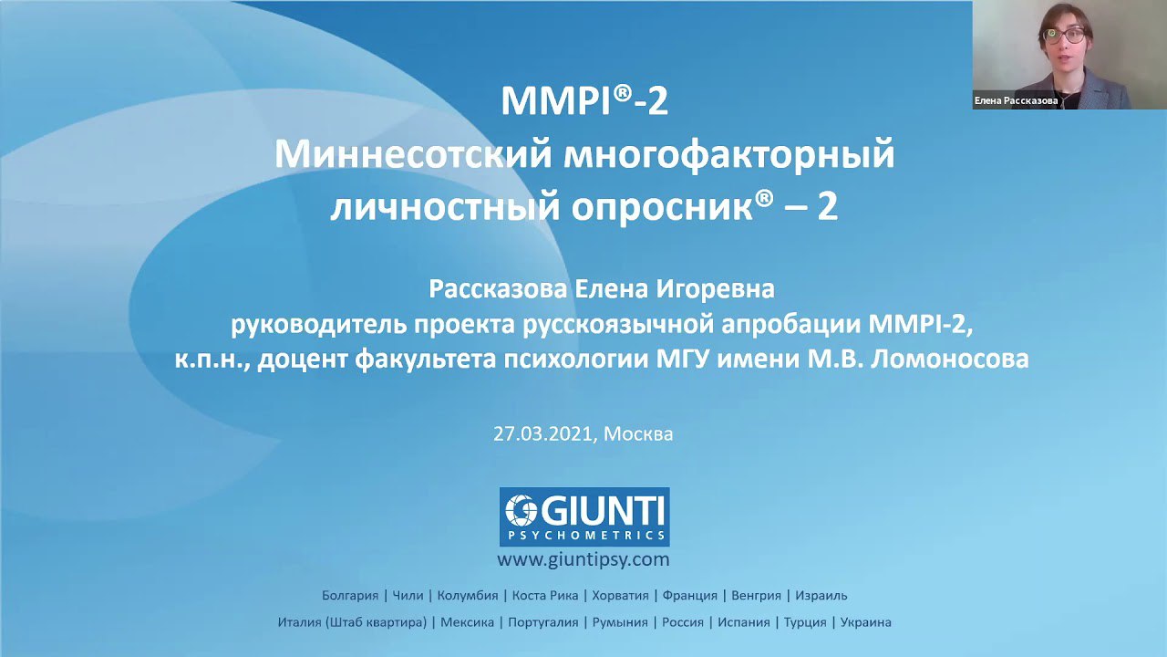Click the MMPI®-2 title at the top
(x=584, y=101)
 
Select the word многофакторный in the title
(x=729, y=156)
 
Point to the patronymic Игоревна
(x=715, y=290)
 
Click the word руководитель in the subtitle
(x=319, y=326)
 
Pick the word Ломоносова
(x=950, y=360)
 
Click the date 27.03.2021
(x=543, y=433)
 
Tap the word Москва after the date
(x=638, y=433)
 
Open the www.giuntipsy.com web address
(x=583, y=560)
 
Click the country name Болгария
(x=350, y=596)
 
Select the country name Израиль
(x=821, y=596)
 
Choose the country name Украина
(x=866, y=622)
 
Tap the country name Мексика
(x=468, y=622)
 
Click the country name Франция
(x=690, y=596)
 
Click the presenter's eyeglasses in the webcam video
(x=1066, y=36)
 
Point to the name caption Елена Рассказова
(x=1016, y=100)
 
